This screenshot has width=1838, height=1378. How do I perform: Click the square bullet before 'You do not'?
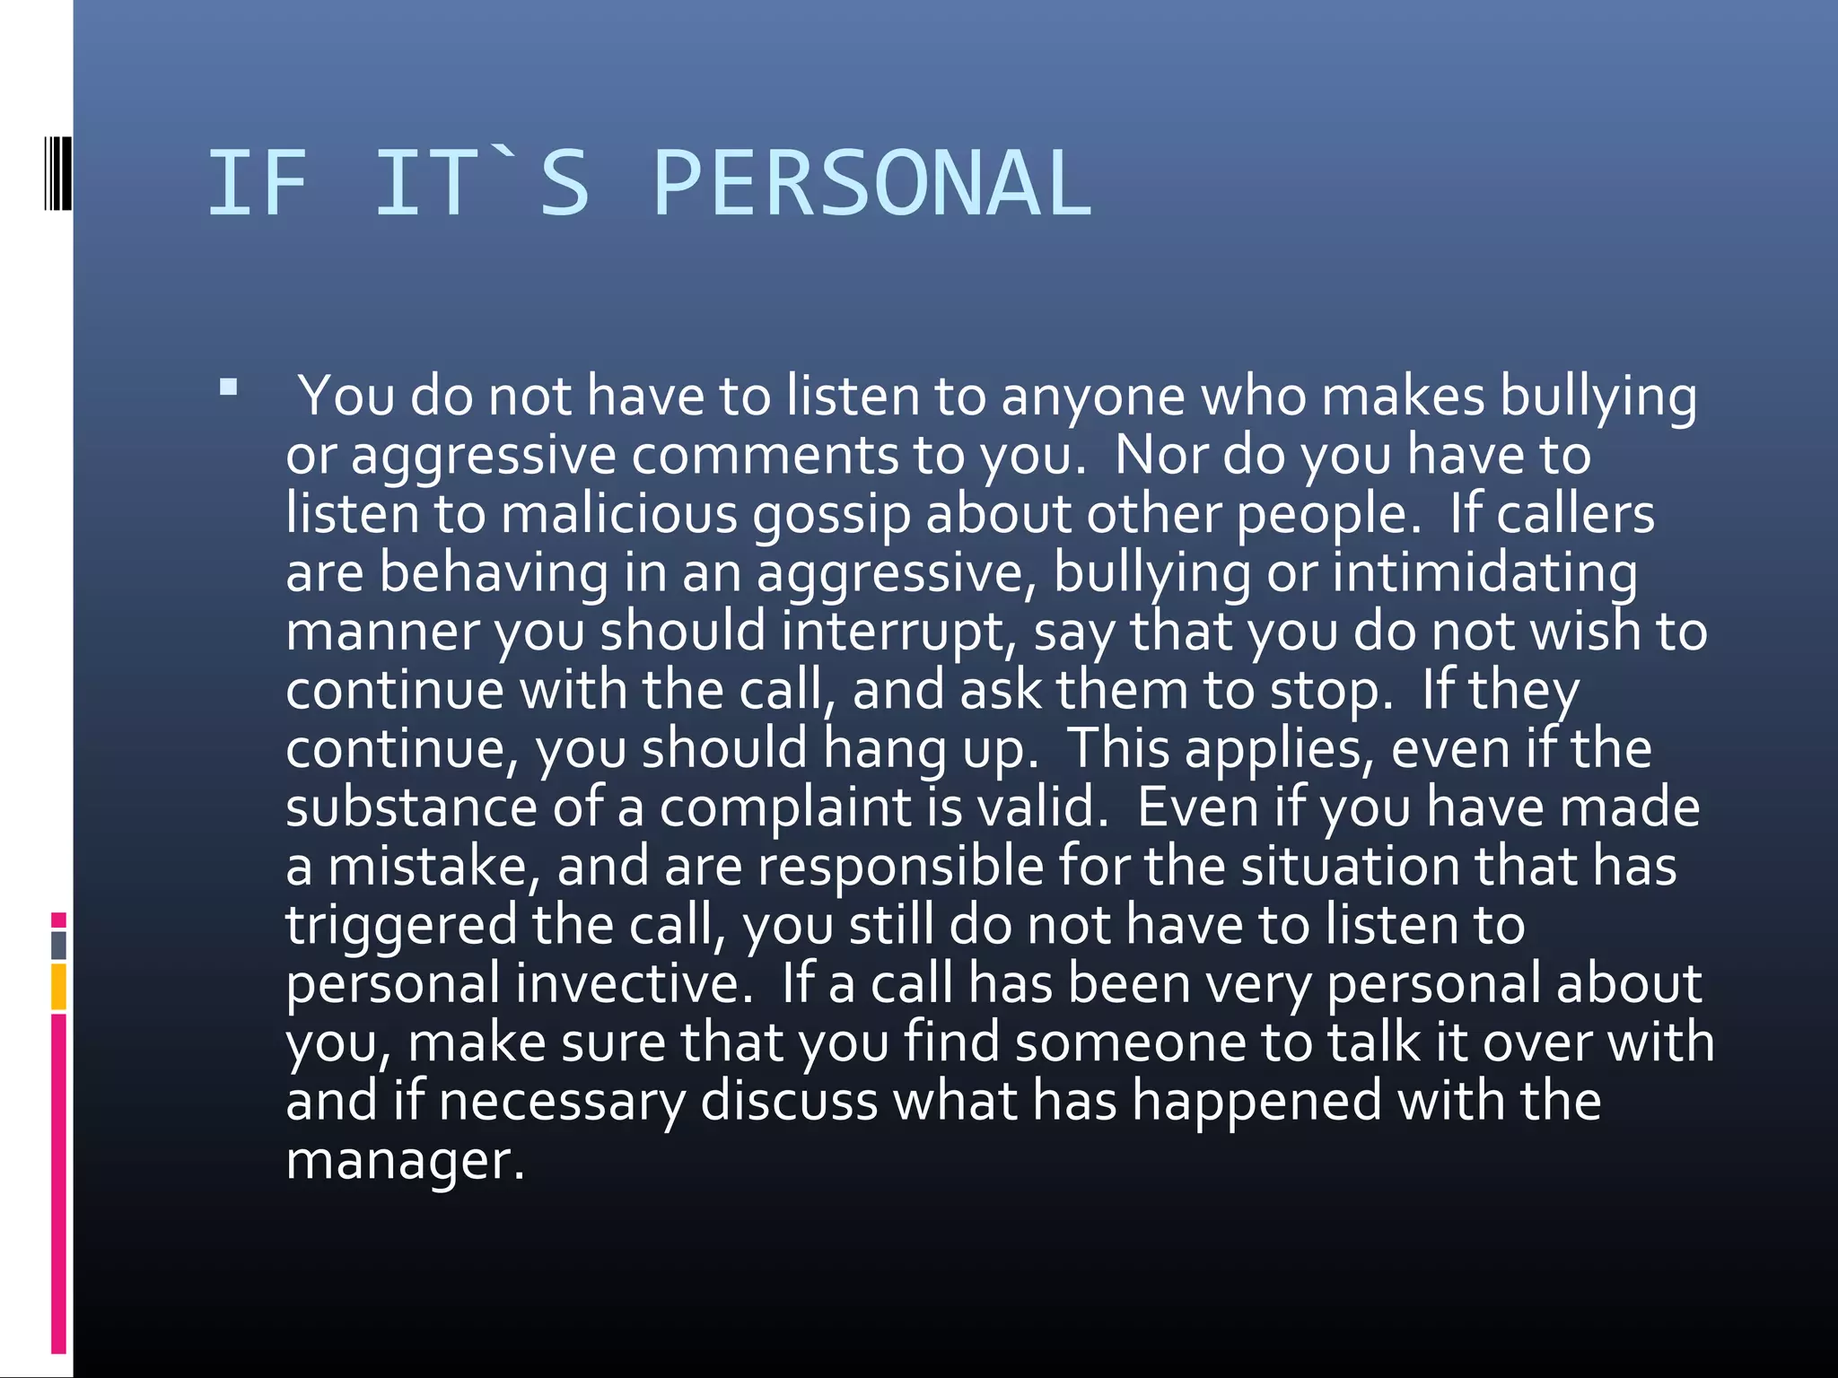228,388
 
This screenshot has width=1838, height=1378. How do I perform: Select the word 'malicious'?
619,514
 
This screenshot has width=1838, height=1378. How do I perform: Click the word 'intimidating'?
1484,573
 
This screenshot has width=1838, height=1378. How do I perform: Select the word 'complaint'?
785,808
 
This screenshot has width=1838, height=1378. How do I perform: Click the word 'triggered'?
401,926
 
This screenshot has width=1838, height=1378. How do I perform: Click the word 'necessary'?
562,1102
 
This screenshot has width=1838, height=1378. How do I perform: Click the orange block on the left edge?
58,986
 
